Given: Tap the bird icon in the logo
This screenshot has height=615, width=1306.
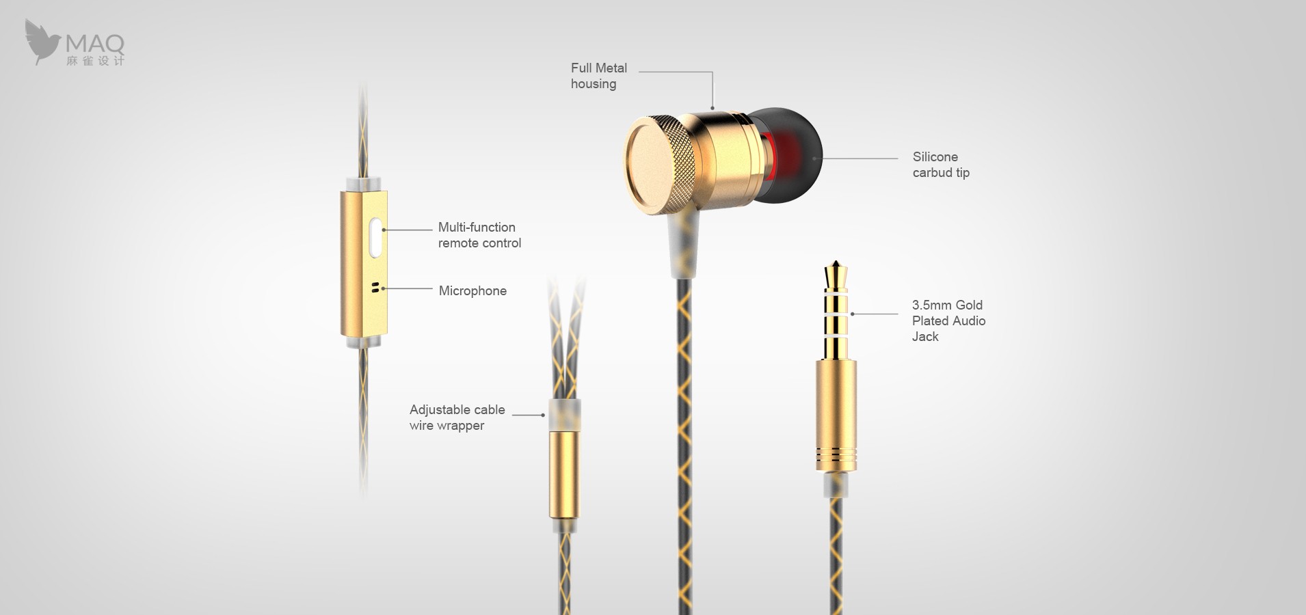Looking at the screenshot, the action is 42,42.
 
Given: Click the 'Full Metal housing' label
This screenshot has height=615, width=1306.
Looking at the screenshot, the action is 599,76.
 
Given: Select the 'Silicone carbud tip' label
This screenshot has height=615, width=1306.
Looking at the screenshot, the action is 941,165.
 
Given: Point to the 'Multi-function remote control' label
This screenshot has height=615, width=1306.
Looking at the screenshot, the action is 479,235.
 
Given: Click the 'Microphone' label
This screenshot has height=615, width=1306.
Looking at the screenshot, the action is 472,290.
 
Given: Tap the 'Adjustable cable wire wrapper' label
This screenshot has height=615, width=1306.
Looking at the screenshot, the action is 457,418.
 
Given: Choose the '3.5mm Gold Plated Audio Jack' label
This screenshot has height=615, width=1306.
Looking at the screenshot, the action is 948,320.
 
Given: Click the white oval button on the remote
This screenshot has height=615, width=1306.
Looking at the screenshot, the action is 375,237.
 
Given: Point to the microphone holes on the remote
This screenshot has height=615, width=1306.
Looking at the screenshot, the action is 375,287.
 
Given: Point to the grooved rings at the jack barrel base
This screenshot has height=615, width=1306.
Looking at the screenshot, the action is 836,459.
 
